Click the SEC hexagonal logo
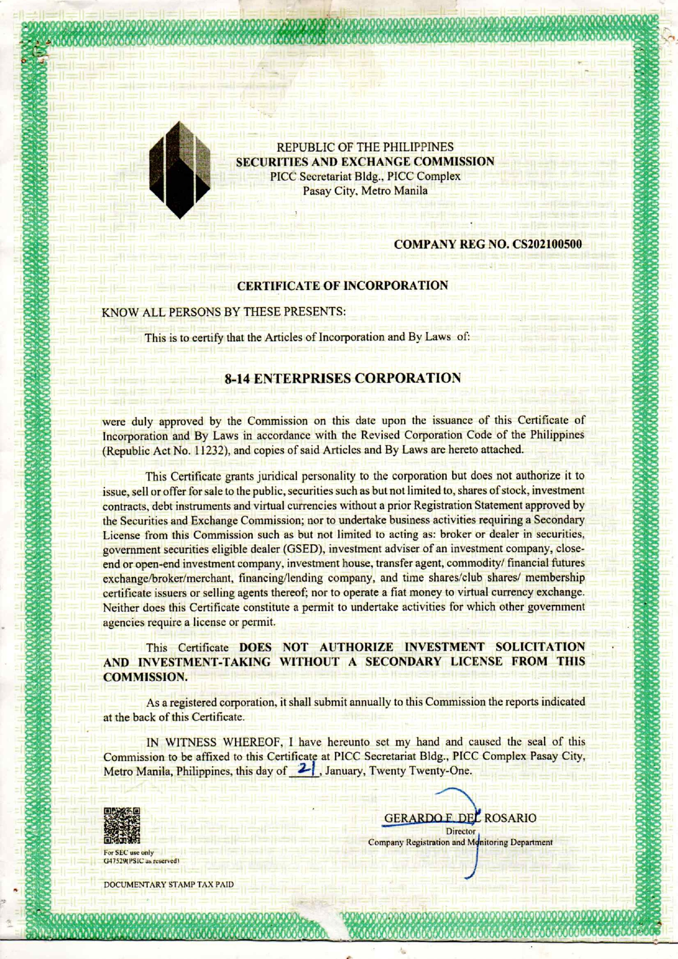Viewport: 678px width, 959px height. pyautogui.click(x=180, y=170)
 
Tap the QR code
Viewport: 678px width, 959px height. pyautogui.click(x=122, y=827)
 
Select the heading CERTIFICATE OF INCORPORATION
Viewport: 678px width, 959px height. pyautogui.click(x=343, y=286)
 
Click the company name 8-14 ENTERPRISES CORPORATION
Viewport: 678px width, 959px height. pyautogui.click(x=343, y=378)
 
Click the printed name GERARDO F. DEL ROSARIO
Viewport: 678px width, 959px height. pyautogui.click(x=460, y=818)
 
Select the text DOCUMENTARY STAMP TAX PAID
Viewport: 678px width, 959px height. pyautogui.click(x=168, y=884)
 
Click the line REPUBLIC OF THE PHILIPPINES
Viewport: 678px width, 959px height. pyautogui.click(x=365, y=147)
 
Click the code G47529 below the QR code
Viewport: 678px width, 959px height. pyautogui.click(x=116, y=861)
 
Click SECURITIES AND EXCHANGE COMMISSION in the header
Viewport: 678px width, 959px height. pyautogui.click(x=365, y=162)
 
